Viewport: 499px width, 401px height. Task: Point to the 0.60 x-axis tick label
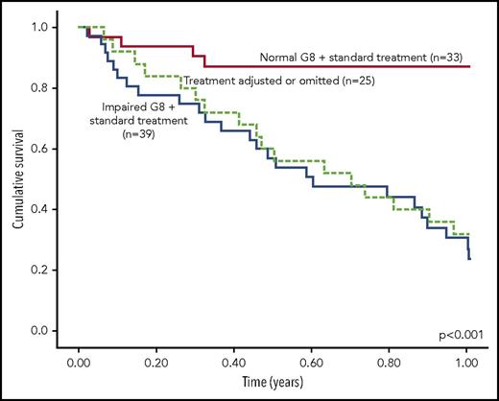311,365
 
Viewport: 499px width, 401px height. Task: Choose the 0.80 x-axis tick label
389,365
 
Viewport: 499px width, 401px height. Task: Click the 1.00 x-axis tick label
466,365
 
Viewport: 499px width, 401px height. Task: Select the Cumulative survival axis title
17,179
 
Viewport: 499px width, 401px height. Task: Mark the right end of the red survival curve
469,66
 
